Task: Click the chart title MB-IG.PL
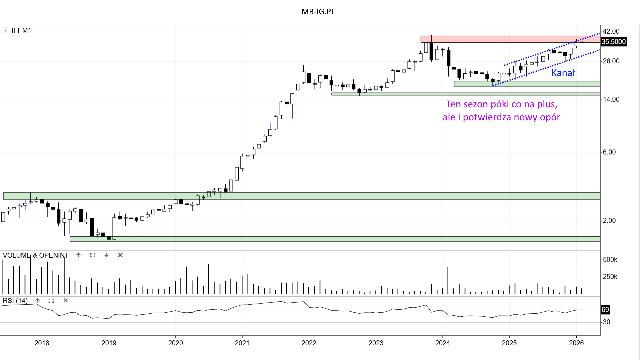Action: [x=318, y=12]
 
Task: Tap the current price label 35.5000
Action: [x=613, y=42]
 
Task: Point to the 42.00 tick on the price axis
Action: [x=611, y=31]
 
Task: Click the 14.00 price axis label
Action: [x=611, y=99]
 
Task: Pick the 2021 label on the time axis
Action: [x=242, y=343]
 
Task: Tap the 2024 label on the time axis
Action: [x=442, y=343]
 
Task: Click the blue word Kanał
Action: [x=563, y=73]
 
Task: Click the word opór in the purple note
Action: [x=550, y=117]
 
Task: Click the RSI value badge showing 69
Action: [x=605, y=310]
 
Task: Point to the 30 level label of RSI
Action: [x=606, y=322]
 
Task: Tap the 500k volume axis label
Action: [x=610, y=260]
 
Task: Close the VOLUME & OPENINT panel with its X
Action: [x=120, y=255]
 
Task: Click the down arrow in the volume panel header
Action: [x=106, y=255]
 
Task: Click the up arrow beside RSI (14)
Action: [x=38, y=301]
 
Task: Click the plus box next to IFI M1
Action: [x=5, y=30]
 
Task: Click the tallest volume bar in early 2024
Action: [x=448, y=280]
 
